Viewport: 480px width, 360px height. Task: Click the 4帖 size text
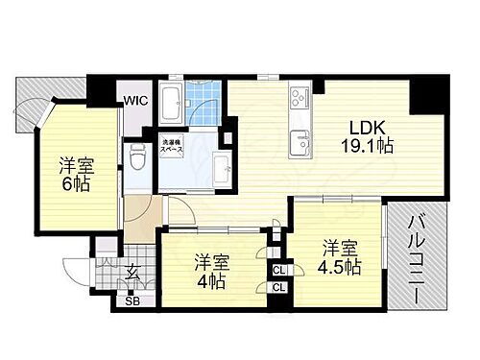[x=211, y=280]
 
